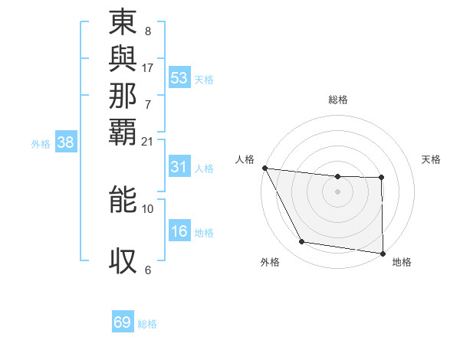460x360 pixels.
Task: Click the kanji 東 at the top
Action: pyautogui.click(x=123, y=22)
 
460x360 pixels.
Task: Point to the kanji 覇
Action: pyautogui.click(x=123, y=129)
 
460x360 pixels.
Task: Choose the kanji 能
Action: pyautogui.click(x=123, y=198)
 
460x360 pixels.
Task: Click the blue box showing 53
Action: pyautogui.click(x=179, y=78)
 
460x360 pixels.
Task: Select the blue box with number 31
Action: pyautogui.click(x=179, y=167)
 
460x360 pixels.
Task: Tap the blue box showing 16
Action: pyautogui.click(x=179, y=231)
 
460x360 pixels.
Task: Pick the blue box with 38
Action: pyautogui.click(x=66, y=142)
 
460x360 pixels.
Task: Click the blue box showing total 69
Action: pyautogui.click(x=123, y=322)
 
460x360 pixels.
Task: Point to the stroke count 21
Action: pyautogui.click(x=148, y=141)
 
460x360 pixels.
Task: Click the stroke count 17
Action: pyautogui.click(x=148, y=67)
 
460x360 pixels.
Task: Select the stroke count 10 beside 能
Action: pyautogui.click(x=148, y=208)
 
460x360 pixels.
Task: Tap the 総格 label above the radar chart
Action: pyautogui.click(x=338, y=100)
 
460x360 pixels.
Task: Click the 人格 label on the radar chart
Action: pyautogui.click(x=245, y=159)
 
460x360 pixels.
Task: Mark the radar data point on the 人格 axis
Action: pyautogui.click(x=264, y=168)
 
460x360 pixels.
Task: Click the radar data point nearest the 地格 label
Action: pyautogui.click(x=383, y=253)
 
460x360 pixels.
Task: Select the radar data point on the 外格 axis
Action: pyautogui.click(x=302, y=242)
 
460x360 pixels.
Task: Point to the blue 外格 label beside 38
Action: pyautogui.click(x=41, y=143)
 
